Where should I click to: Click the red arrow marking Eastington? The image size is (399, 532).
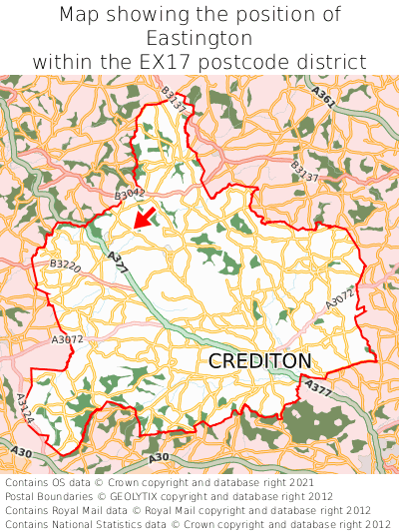point(146,216)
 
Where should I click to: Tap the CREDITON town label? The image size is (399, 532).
point(259,361)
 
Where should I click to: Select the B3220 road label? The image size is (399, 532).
point(65,266)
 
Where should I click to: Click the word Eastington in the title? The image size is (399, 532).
point(199,38)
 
